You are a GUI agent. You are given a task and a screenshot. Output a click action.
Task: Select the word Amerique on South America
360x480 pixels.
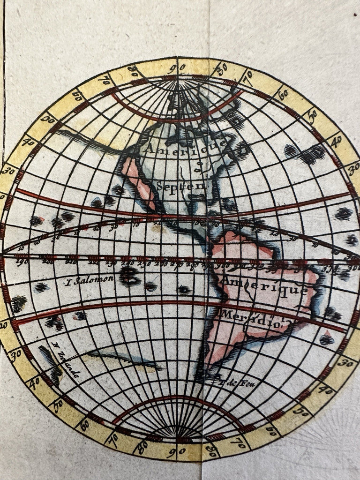(265, 284)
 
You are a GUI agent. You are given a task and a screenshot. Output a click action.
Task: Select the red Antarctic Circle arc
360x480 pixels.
(178, 398)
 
